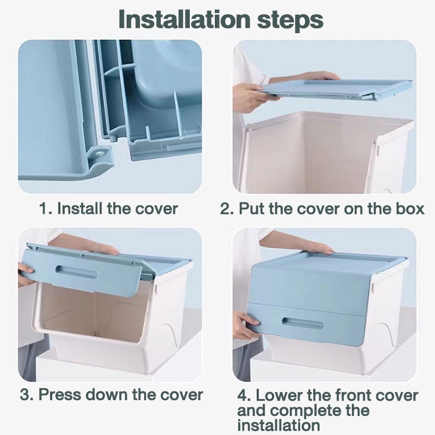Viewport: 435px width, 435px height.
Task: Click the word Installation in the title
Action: [x=184, y=19]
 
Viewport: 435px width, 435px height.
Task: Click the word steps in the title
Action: [x=290, y=21]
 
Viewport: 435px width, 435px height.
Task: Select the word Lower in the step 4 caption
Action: [x=279, y=395]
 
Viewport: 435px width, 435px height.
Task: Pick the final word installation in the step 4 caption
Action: [x=278, y=425]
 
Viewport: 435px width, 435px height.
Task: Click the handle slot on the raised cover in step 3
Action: [x=77, y=272]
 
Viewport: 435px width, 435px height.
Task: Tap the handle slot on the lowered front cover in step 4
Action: [x=303, y=323]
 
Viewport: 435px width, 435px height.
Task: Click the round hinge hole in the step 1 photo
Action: [x=100, y=152]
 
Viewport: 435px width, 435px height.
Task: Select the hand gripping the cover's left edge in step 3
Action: [x=26, y=275]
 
